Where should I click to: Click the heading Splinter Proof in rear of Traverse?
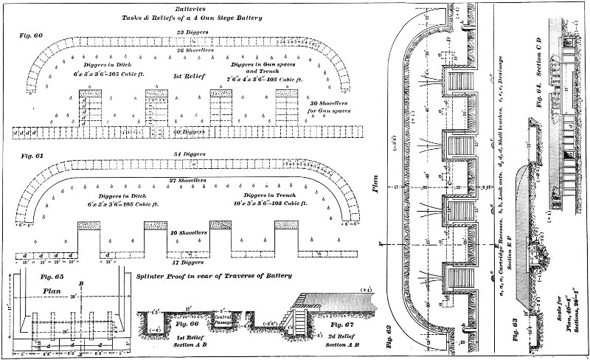(213, 275)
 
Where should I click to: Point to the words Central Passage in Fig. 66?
(221, 318)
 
